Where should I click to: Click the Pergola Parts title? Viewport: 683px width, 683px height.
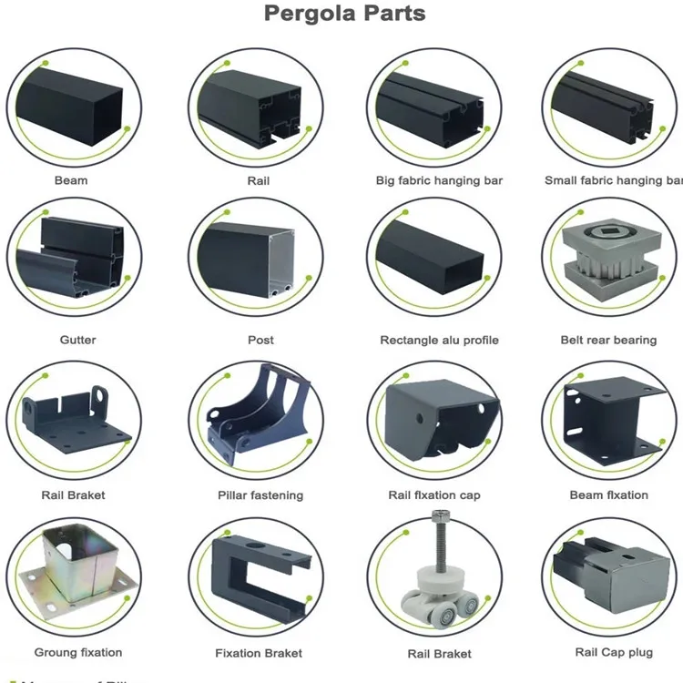[344, 14]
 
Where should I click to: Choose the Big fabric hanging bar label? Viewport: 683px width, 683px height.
[439, 180]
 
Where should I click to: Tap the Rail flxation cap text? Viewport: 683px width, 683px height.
[434, 495]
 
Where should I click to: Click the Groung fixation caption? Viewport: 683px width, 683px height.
[77, 652]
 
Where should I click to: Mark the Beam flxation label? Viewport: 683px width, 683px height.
[609, 494]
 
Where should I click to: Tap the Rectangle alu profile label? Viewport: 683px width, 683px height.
[439, 340]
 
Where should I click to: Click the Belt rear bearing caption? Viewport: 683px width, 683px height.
[608, 340]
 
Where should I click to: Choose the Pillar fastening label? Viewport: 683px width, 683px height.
[260, 495]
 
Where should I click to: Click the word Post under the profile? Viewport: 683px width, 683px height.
[260, 340]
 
